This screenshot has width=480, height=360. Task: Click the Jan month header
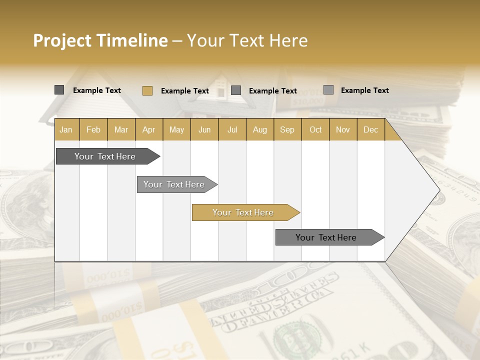(x=66, y=129)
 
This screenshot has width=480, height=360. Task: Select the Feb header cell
(x=93, y=129)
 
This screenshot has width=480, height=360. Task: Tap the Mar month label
(x=121, y=129)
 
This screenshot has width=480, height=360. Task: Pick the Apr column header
(x=149, y=129)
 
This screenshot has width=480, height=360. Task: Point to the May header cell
(x=176, y=129)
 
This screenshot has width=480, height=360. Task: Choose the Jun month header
(x=204, y=129)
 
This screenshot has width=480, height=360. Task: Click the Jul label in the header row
(x=232, y=129)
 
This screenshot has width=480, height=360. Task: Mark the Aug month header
(x=260, y=129)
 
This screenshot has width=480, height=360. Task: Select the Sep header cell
(x=287, y=129)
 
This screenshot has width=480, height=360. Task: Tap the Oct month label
(x=315, y=129)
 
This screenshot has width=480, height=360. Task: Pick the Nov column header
(x=343, y=129)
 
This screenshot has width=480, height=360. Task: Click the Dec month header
(x=371, y=129)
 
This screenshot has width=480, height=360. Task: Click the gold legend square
(x=147, y=90)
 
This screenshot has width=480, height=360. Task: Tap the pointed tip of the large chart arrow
(x=438, y=190)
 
